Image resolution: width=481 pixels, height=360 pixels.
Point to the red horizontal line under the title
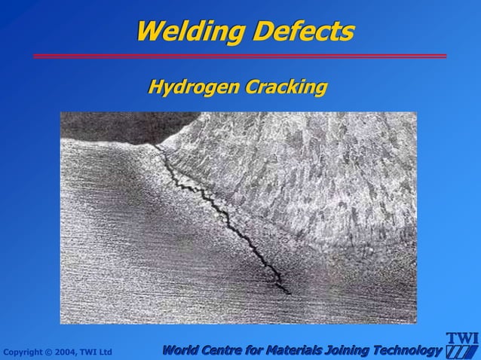240,56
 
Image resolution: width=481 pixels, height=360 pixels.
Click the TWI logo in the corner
462,345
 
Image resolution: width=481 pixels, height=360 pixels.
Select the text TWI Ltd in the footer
97,352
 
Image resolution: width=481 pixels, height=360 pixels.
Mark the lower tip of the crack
289,293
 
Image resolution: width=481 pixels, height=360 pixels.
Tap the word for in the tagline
257,350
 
